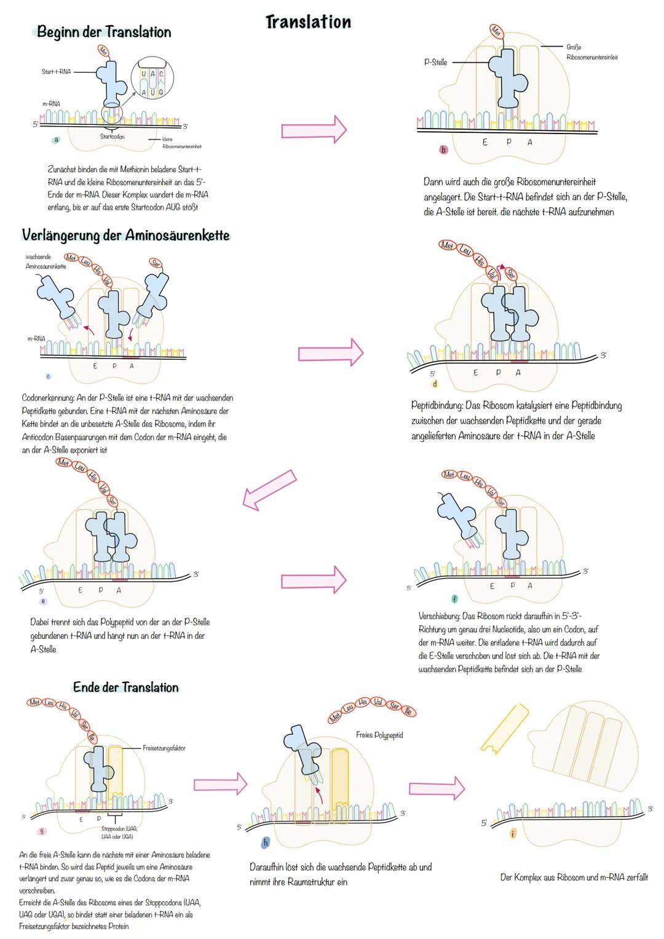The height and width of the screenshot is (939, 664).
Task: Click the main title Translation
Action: coord(308,22)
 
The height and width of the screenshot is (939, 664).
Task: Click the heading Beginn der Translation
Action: coord(104,32)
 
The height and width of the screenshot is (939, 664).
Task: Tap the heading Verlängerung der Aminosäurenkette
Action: coord(125,236)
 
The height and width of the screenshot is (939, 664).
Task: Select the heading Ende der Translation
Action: coord(125,687)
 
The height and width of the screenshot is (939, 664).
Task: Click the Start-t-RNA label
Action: coord(56,72)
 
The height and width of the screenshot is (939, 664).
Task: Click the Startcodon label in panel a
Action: coord(112,137)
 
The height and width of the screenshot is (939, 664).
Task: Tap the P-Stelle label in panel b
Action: coord(435,62)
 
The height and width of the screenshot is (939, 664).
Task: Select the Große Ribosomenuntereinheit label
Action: coord(591,52)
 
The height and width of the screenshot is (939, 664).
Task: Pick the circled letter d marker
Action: coord(435,384)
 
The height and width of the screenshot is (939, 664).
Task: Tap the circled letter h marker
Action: coord(266,843)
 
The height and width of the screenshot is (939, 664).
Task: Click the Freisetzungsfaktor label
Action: coord(164,748)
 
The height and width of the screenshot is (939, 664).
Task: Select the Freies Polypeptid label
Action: coord(379,735)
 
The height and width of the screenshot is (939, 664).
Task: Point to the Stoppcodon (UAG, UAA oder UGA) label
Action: coord(119,833)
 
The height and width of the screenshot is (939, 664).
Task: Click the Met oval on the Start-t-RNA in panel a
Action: coord(103,52)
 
